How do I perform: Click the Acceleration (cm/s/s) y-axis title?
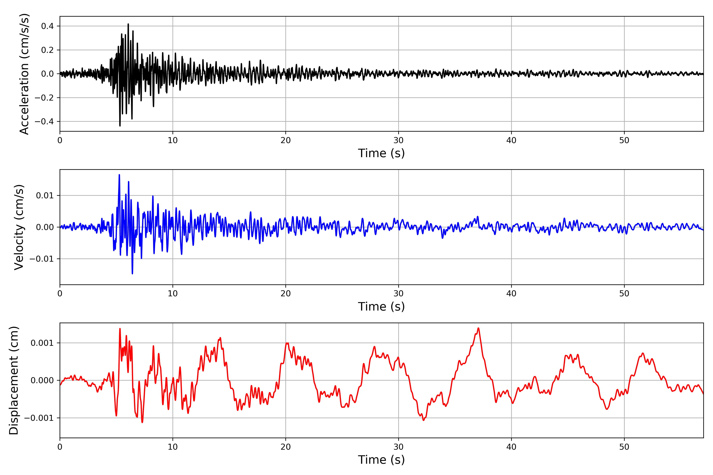24,74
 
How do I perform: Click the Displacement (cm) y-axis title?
14,380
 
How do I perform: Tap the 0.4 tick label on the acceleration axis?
47,26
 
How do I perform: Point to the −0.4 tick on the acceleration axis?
44,122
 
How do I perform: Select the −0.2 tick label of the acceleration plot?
44,98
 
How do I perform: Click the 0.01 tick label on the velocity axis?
45,195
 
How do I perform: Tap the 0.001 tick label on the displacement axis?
42,343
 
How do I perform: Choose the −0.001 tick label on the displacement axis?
39,418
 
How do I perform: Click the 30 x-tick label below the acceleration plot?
398,140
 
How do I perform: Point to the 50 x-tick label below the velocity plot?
624,294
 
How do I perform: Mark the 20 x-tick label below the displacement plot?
286,447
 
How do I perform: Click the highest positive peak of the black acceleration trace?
128,24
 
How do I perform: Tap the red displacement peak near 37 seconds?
478,328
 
